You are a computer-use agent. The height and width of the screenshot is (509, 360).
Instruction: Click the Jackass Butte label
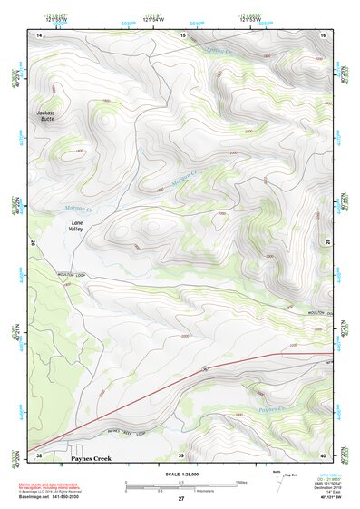coord(46,115)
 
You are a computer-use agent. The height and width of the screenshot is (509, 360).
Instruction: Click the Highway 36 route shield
coord(205,368)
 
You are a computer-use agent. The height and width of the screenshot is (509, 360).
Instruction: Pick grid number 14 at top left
coord(39,34)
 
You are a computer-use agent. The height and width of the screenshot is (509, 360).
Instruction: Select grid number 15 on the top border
coord(183,34)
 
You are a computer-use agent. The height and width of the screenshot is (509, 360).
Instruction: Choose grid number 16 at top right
coord(322,34)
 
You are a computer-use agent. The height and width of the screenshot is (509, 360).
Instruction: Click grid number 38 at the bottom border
coord(39,455)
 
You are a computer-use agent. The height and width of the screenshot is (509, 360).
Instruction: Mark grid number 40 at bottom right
coord(322,455)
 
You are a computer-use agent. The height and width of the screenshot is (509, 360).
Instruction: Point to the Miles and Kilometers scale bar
coord(180,485)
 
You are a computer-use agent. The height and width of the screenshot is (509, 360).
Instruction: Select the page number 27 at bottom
coord(180,499)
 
